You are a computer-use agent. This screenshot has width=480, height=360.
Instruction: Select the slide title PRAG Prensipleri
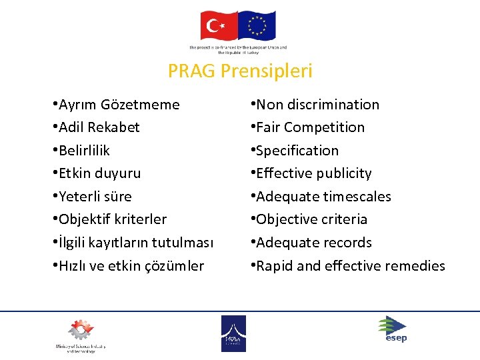point(240,71)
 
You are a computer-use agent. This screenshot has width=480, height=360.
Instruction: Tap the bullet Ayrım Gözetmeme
point(118,105)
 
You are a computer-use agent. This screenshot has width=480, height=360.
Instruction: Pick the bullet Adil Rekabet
point(99,127)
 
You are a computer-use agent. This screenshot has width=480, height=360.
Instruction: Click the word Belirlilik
point(84,151)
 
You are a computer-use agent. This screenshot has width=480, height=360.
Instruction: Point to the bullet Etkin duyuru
point(99,173)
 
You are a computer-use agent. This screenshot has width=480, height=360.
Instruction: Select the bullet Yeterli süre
point(95,197)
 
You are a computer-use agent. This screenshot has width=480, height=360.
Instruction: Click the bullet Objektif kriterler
point(112,219)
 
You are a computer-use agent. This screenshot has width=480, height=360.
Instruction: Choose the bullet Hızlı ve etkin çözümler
point(131,266)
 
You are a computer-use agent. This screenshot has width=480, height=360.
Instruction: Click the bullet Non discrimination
point(317,105)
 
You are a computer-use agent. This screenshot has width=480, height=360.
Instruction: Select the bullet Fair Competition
point(310,127)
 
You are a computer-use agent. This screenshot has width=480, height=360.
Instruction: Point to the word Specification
point(297,151)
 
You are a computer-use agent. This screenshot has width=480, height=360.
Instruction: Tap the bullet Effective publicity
point(313,173)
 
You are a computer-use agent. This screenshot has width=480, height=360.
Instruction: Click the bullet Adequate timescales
point(323,197)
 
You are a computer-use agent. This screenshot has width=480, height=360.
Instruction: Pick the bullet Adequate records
point(313,243)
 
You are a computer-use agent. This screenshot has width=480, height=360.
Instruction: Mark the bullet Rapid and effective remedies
point(350,266)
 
